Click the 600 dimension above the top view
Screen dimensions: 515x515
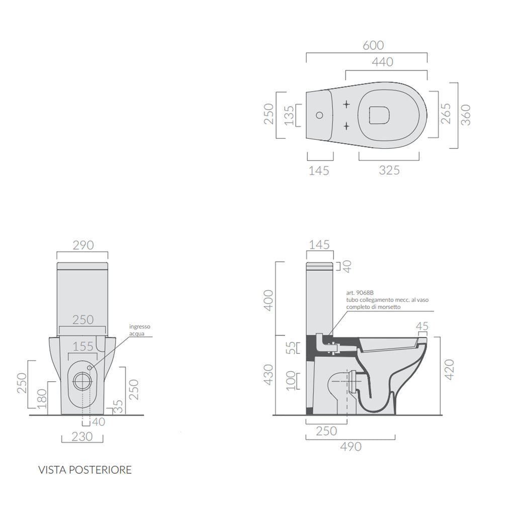pos(373,45)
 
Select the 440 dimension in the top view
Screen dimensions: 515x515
pos(383,62)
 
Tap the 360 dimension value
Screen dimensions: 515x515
pos(466,115)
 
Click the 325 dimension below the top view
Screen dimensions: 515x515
pos(389,170)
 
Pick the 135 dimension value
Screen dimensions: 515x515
pos(288,115)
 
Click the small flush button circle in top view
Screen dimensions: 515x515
pos(319,115)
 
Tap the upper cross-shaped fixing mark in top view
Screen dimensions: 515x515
pos(347,104)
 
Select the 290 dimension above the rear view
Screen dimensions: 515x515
pos(83,245)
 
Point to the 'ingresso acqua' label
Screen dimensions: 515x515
pos(139,330)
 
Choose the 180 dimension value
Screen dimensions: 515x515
pos(42,398)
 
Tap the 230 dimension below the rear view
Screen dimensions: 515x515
pos(81,436)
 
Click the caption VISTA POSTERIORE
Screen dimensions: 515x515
pos(85,470)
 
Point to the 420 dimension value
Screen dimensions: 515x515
pos(449,370)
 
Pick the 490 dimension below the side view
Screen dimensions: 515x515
pos(351,446)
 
